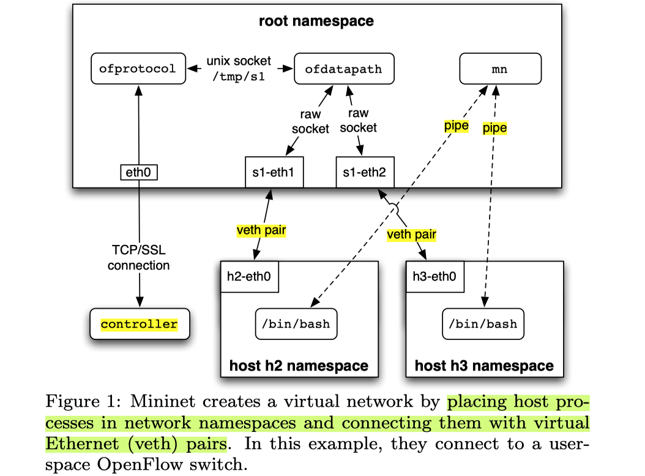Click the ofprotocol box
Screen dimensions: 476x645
pyautogui.click(x=137, y=69)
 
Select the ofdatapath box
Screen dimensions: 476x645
pyautogui.click(x=343, y=69)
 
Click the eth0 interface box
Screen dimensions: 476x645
pyautogui.click(x=138, y=172)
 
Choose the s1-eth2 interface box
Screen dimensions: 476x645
pyautogui.click(x=365, y=172)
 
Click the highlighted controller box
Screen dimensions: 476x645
pyautogui.click(x=139, y=324)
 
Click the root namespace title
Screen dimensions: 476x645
pyautogui.click(x=316, y=21)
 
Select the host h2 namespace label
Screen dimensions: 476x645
pyautogui.click(x=299, y=366)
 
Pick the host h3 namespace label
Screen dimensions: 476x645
pyautogui.click(x=484, y=366)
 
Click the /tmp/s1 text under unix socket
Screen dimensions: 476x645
pyautogui.click(x=239, y=77)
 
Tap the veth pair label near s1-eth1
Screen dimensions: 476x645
pyautogui.click(x=261, y=231)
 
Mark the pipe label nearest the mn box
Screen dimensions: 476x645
pyautogui.click(x=495, y=128)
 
